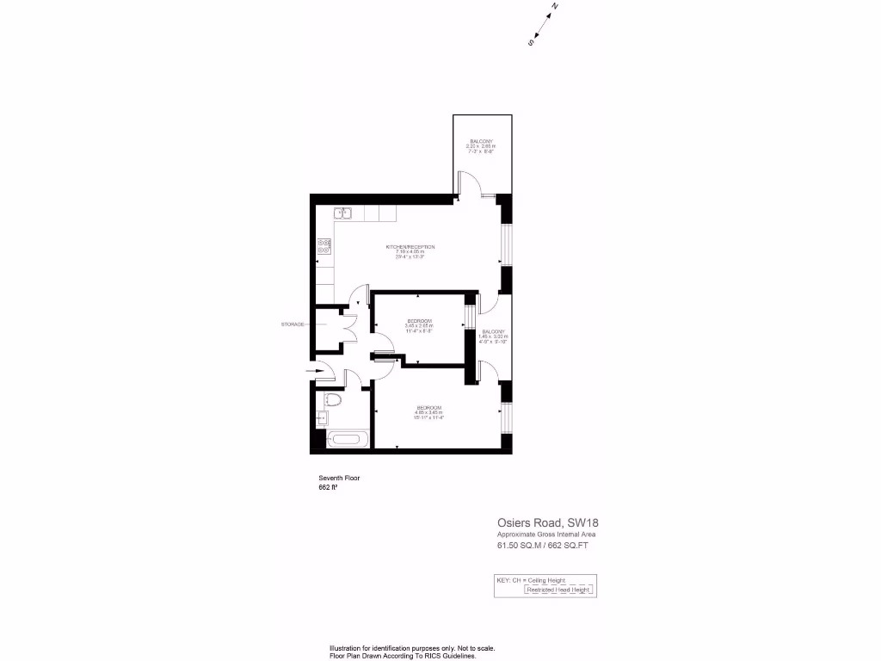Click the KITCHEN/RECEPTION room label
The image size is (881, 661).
click(410, 247)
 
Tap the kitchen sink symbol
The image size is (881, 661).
click(342, 213)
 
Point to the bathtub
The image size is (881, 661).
click(348, 440)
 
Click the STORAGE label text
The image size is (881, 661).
click(293, 324)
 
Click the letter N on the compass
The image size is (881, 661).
click(555, 7)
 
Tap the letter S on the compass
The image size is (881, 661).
click(531, 40)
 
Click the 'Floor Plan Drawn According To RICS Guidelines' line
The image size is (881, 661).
click(404, 656)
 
